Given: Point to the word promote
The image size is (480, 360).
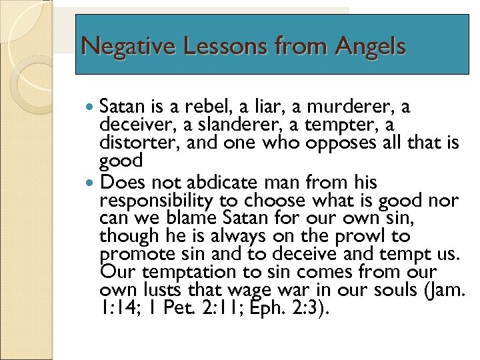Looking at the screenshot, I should point(133,254).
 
